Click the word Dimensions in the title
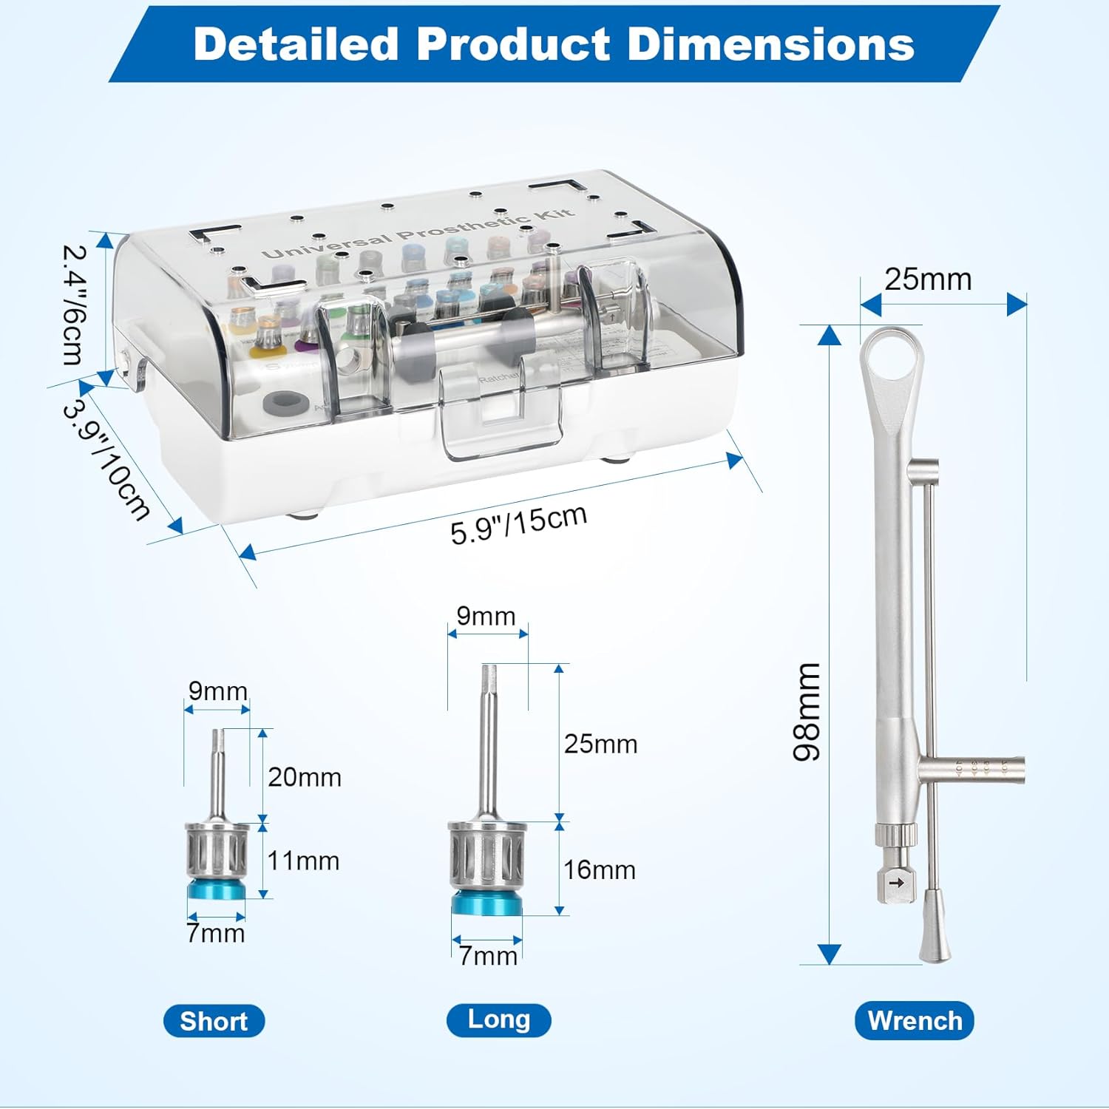[770, 44]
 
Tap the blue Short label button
[214, 1021]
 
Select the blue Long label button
[499, 1020]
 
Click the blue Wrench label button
[915, 1021]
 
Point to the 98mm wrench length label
[807, 711]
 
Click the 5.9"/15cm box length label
[519, 524]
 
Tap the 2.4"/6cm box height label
[74, 305]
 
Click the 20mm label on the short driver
[305, 777]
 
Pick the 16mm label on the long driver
[600, 869]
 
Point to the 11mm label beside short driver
[303, 861]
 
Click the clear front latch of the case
[500, 414]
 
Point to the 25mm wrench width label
[928, 279]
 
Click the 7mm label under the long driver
[488, 955]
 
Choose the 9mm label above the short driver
[217, 691]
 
